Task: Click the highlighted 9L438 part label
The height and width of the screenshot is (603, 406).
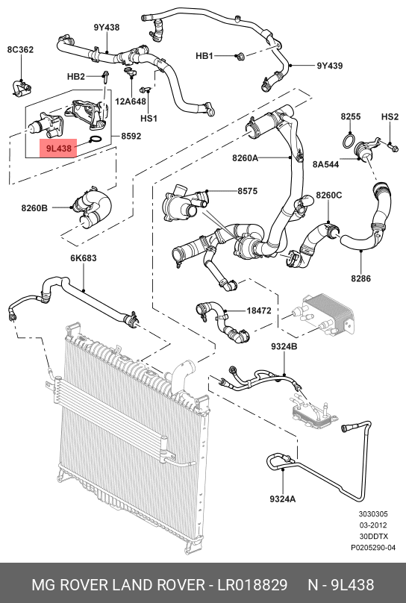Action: pyautogui.click(x=58, y=148)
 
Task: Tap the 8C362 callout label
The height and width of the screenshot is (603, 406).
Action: pyautogui.click(x=20, y=49)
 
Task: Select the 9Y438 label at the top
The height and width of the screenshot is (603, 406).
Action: pyautogui.click(x=107, y=28)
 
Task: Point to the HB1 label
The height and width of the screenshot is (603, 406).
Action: pyautogui.click(x=204, y=56)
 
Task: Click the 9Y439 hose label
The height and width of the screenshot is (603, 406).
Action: pyautogui.click(x=329, y=66)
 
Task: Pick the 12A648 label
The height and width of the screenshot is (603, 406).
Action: pyautogui.click(x=131, y=101)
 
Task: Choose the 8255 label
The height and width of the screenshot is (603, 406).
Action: pyautogui.click(x=351, y=116)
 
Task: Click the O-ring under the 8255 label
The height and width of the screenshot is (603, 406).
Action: pyautogui.click(x=349, y=141)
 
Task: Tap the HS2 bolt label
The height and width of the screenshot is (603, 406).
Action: pyautogui.click(x=390, y=116)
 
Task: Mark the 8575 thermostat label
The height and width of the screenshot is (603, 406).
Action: pyautogui.click(x=247, y=191)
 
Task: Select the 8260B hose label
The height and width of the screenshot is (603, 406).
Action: pyautogui.click(x=34, y=208)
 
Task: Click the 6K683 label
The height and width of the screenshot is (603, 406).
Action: pyautogui.click(x=84, y=258)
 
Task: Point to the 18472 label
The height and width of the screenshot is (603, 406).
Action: pyautogui.click(x=259, y=310)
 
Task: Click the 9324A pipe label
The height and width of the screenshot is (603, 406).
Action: pyautogui.click(x=283, y=499)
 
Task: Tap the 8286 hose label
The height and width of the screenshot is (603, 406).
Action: pyautogui.click(x=360, y=278)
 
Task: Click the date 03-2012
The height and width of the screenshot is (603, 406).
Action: pyautogui.click(x=373, y=525)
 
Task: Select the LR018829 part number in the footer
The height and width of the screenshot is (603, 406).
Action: pyautogui.click(x=252, y=584)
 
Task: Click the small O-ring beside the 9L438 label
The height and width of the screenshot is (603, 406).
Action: pyautogui.click(x=96, y=140)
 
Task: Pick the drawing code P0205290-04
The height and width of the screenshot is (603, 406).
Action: pyautogui.click(x=373, y=547)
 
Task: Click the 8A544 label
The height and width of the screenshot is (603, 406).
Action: pyautogui.click(x=325, y=164)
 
